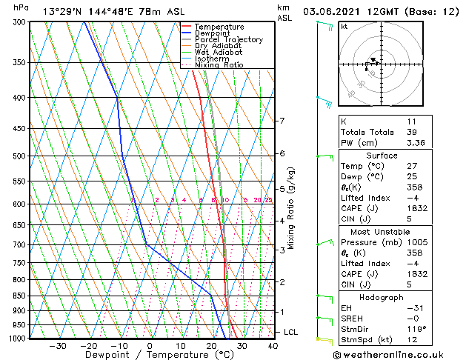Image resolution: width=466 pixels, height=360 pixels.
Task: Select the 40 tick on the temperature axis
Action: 273,346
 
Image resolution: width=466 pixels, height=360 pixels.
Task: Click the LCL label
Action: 291,333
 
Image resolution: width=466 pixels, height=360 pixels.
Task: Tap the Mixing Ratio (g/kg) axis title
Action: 292,208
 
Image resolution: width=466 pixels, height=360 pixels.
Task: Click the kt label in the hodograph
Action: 344,27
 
